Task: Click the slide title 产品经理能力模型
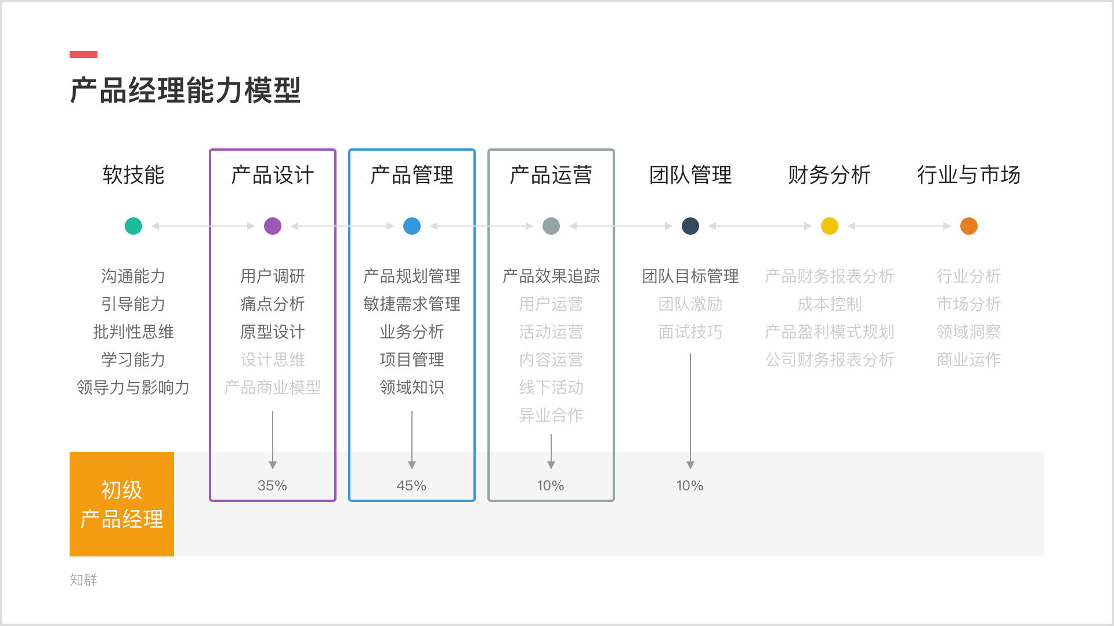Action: coord(186,90)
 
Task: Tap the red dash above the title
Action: coord(84,54)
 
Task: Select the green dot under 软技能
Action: coord(133,226)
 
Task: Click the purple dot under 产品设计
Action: coord(273,226)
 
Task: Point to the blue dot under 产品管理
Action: coord(412,226)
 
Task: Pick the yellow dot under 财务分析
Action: coord(830,226)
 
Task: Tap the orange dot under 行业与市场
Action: coord(969,226)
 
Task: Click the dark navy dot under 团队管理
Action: coord(690,226)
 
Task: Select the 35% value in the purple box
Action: coord(272,486)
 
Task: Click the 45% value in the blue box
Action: coord(411,486)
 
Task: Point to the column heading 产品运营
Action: coord(551,175)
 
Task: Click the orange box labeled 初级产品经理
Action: coord(122,504)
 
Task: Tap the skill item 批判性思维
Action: coord(133,332)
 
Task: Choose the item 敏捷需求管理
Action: coord(412,304)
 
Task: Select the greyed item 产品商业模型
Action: coord(273,387)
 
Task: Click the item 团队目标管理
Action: coord(690,276)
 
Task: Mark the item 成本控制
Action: coord(830,304)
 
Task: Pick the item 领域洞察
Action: coord(969,332)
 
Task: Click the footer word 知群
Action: coord(84,580)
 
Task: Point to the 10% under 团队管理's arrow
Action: coord(690,486)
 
